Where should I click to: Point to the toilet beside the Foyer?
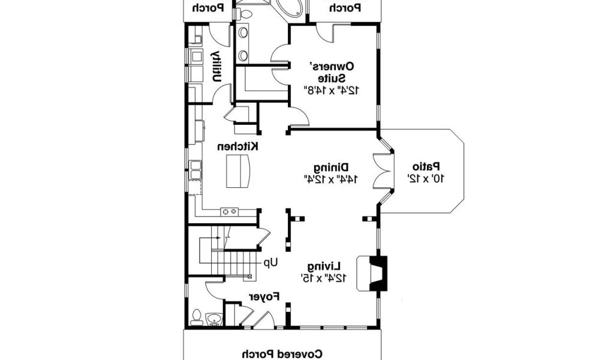click(x=196, y=316)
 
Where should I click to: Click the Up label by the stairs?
click(x=272, y=262)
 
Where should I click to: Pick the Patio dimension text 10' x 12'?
click(x=426, y=178)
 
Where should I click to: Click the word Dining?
click(x=331, y=167)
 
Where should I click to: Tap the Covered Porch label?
click(x=283, y=354)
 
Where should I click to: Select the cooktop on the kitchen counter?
click(x=229, y=211)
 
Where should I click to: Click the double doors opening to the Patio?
click(x=382, y=171)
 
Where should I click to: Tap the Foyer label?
click(x=264, y=296)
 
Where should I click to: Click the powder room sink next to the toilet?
click(x=213, y=318)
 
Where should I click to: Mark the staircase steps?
click(x=236, y=262)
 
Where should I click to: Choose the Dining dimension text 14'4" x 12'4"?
click(x=330, y=179)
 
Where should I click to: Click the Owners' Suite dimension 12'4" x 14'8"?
click(x=332, y=90)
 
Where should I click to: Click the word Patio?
click(x=426, y=166)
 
